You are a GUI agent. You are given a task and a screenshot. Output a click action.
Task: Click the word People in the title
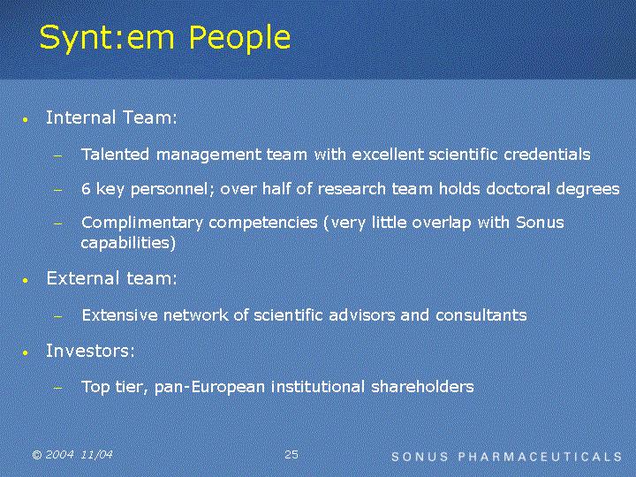239,38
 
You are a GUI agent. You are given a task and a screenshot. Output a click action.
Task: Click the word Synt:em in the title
107,38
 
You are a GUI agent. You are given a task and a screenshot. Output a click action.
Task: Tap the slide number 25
291,454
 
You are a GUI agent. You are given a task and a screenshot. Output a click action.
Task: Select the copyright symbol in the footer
37,455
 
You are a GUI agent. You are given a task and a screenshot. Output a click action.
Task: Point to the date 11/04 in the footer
96,455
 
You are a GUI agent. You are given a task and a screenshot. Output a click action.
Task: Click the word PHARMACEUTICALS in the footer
540,457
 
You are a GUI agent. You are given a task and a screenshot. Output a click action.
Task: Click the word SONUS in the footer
420,457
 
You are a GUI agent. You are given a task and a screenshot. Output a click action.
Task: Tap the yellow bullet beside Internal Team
26,119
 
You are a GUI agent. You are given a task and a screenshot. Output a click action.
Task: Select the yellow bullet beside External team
26,280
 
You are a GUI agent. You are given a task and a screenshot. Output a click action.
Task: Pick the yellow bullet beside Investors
26,352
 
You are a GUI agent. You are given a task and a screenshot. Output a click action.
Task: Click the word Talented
115,154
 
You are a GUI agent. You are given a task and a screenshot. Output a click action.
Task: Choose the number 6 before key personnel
86,189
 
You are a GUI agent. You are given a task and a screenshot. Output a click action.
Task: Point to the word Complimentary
142,223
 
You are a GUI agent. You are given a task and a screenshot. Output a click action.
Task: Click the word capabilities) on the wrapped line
128,243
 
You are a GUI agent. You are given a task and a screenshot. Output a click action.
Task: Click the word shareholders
422,386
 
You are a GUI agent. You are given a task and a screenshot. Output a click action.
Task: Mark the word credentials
547,154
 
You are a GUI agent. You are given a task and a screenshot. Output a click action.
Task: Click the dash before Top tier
58,388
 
